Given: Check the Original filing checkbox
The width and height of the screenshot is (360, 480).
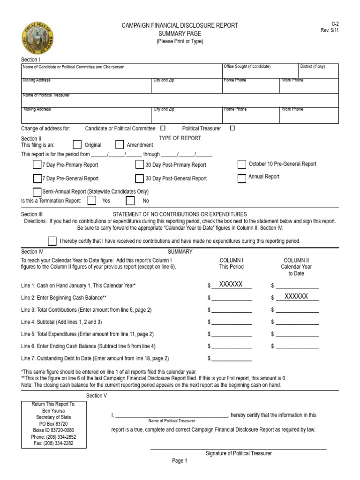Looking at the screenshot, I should point(77,145).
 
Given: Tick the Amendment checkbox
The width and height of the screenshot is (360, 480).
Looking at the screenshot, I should point(120,145).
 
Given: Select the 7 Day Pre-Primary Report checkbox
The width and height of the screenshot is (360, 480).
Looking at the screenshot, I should point(37,165).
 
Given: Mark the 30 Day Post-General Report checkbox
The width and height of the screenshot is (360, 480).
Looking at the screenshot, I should point(140,179).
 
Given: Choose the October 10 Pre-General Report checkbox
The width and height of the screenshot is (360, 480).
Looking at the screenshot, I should point(242,164).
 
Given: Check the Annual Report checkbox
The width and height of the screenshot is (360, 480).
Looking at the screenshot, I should point(242,178).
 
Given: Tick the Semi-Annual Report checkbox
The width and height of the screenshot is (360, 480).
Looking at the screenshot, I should point(37,192).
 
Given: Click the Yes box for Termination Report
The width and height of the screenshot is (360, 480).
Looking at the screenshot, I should point(92,201).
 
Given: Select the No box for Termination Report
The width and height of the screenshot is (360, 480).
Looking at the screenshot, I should point(130,201).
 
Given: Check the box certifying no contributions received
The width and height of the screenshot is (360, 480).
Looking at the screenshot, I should point(52,241).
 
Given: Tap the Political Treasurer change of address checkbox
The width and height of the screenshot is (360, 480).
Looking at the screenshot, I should point(232,128).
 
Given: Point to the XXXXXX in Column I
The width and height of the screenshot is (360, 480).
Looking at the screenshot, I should point(231,285).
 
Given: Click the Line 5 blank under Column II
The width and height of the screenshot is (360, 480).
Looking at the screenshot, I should point(297,334).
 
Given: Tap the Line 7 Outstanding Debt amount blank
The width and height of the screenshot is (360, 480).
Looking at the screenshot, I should point(232,359).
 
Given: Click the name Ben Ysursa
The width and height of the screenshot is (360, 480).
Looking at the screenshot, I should point(53,410).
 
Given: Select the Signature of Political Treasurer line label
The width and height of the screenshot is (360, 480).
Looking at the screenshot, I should point(239,453).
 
